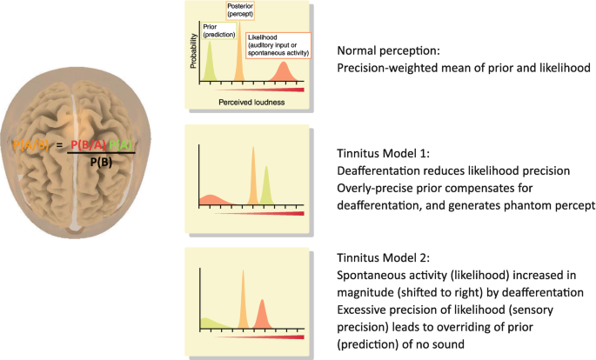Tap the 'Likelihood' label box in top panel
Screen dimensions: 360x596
point(276,48)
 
